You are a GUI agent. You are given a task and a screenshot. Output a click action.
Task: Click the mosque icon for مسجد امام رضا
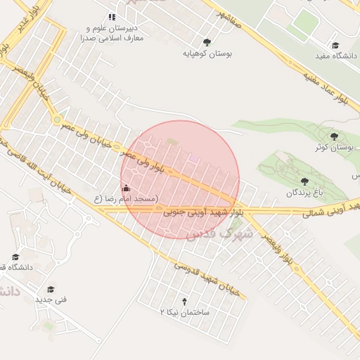click(x=127, y=188)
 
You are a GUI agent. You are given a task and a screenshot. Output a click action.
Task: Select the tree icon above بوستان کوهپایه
click(x=206, y=42)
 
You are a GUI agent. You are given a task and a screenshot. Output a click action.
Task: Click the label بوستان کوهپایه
click(x=207, y=53)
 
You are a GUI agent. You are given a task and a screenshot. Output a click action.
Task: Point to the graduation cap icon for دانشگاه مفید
click(x=335, y=45)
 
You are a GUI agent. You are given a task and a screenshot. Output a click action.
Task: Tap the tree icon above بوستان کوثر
click(x=334, y=136)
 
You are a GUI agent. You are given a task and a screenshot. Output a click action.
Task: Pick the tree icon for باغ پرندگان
click(x=304, y=181)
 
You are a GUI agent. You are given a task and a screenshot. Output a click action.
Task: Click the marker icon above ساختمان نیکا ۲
click(x=185, y=300)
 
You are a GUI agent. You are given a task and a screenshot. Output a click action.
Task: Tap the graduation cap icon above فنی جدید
click(x=51, y=289)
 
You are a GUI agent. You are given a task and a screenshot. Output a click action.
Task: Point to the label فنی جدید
click(x=51, y=300)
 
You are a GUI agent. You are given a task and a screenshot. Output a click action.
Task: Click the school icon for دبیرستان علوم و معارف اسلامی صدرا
click(x=111, y=17)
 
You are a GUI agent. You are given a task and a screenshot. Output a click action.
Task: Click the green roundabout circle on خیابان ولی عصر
click(x=57, y=120)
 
